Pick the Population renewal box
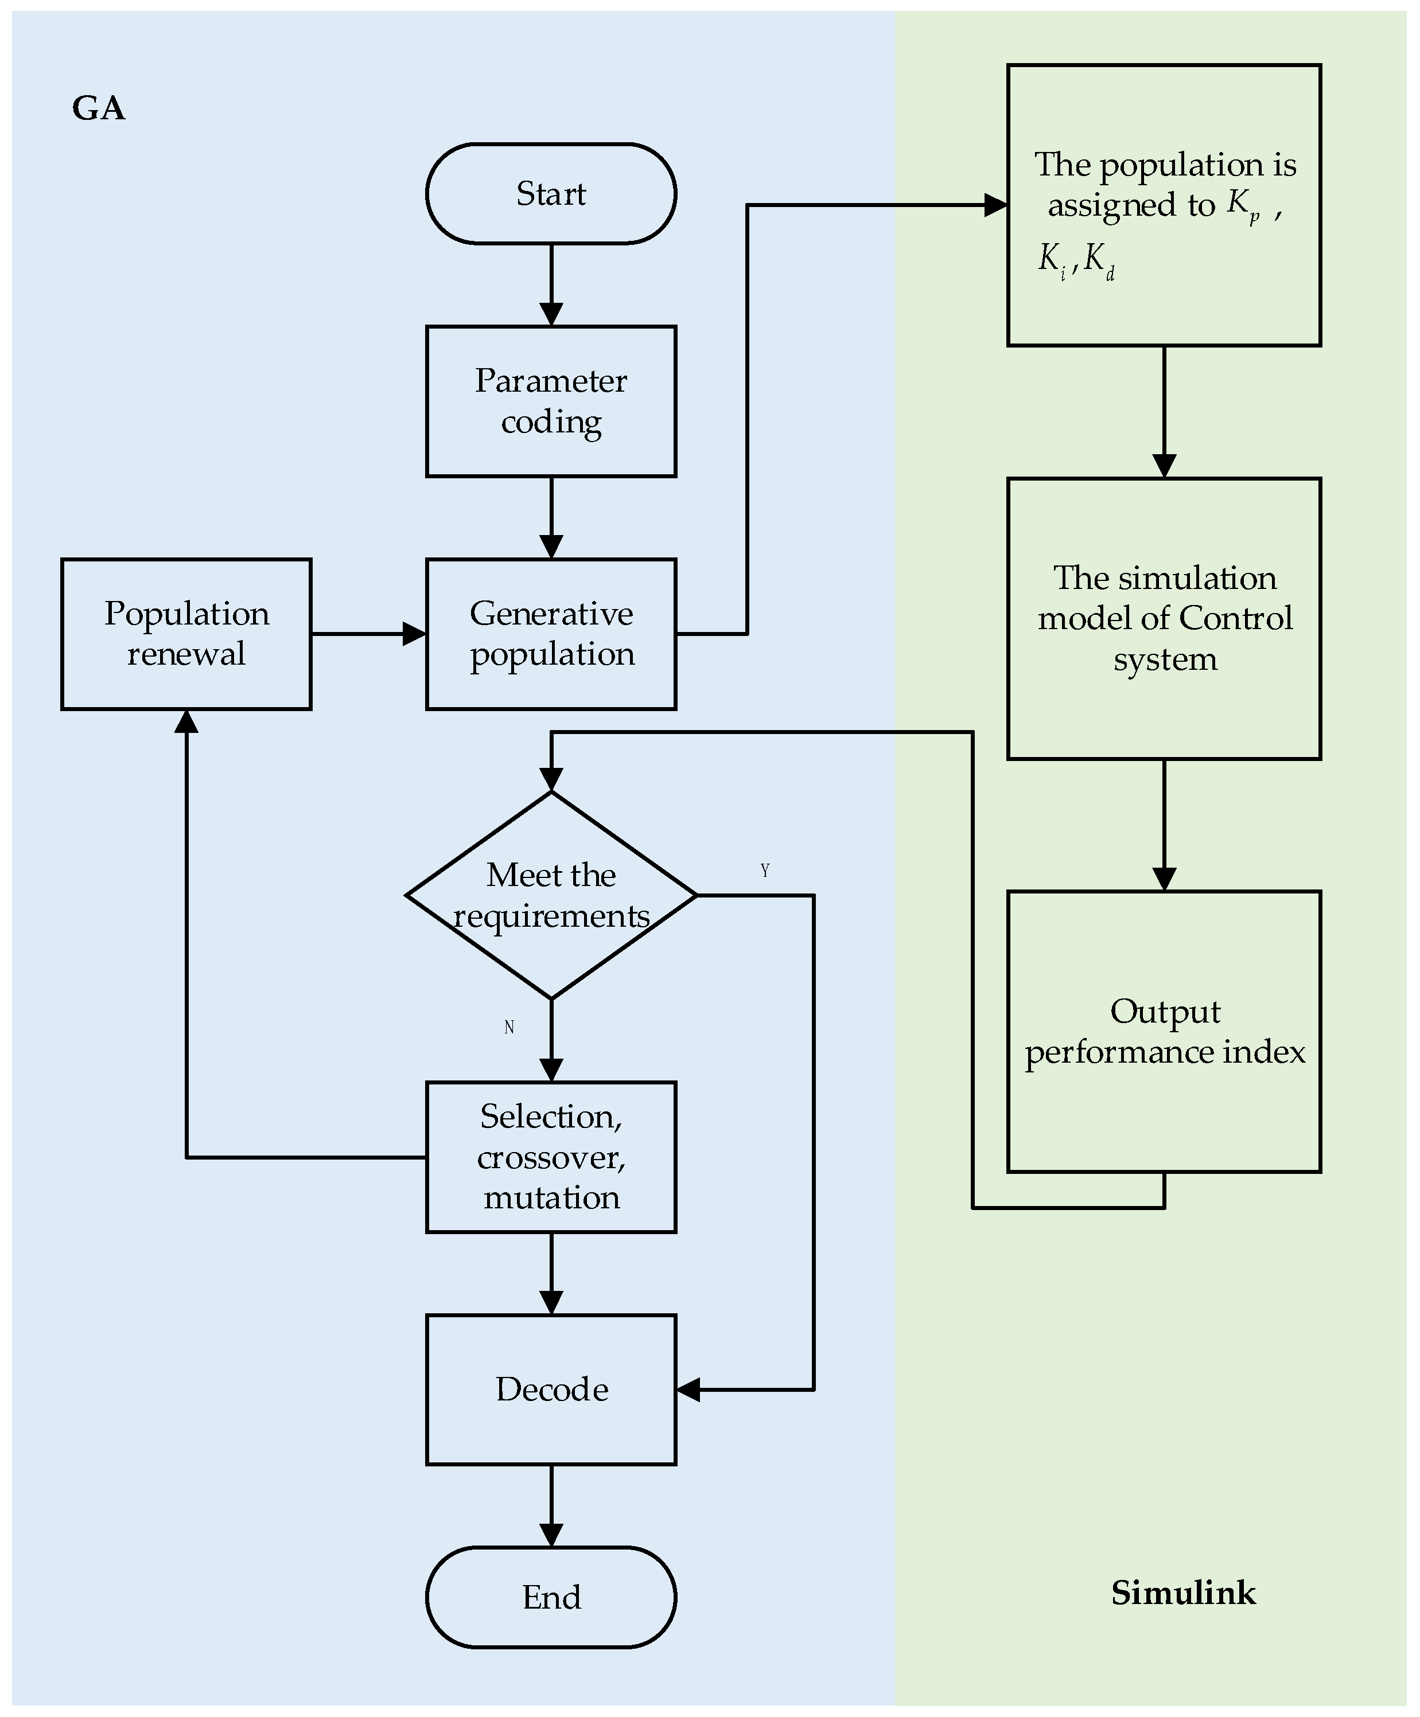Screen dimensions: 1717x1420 click(x=186, y=634)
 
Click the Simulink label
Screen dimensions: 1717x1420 click(x=1183, y=1593)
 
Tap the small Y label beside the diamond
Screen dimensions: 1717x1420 click(x=765, y=870)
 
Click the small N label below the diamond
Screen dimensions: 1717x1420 click(x=509, y=1027)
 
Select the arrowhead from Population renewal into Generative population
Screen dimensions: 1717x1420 click(x=415, y=634)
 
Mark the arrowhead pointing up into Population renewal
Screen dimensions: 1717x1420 click(x=186, y=720)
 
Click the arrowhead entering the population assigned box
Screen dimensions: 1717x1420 click(x=996, y=205)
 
